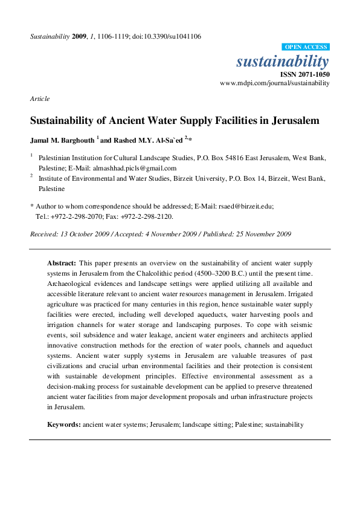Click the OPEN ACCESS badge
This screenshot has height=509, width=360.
point(306,47)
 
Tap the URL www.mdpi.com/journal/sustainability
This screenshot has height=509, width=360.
point(275,83)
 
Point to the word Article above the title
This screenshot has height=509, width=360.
point(39,99)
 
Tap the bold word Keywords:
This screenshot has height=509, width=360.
point(64,425)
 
